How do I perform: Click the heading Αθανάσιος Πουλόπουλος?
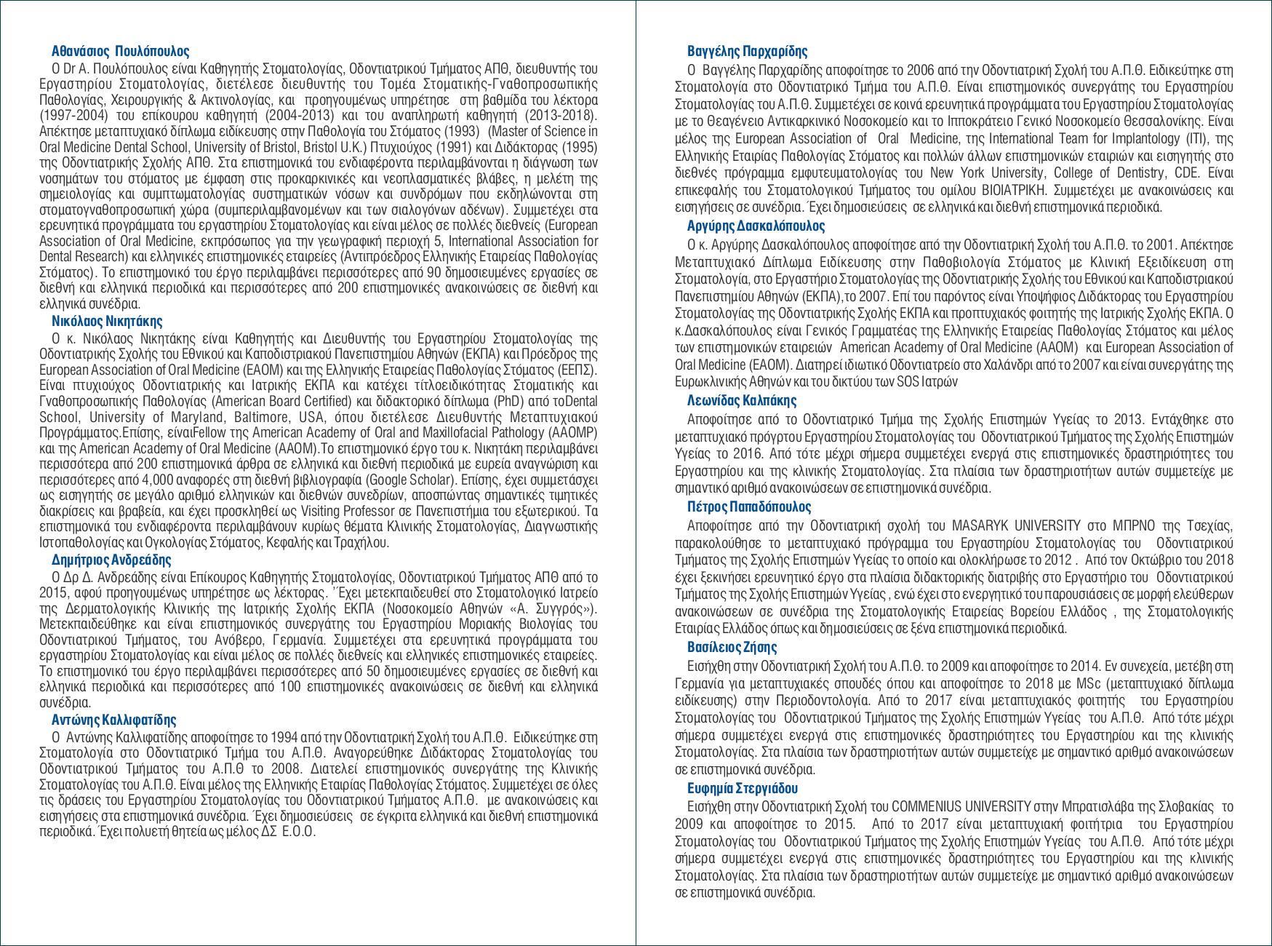click(x=121, y=52)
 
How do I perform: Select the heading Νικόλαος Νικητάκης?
click(x=107, y=321)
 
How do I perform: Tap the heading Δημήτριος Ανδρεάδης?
click(x=111, y=560)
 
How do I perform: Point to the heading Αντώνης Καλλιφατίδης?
click(x=113, y=720)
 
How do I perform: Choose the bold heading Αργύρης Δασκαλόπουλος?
click(x=756, y=226)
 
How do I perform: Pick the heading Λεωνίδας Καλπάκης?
click(x=742, y=400)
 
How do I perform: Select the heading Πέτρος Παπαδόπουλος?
click(x=749, y=506)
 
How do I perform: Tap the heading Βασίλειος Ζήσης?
click(x=732, y=647)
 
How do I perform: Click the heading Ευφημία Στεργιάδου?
click(x=743, y=788)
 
